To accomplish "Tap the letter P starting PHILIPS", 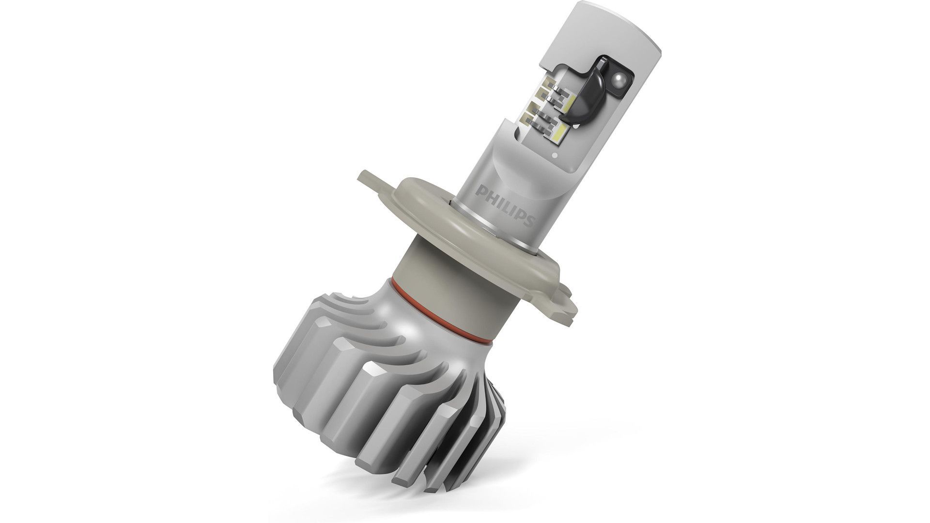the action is pos(480,187).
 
